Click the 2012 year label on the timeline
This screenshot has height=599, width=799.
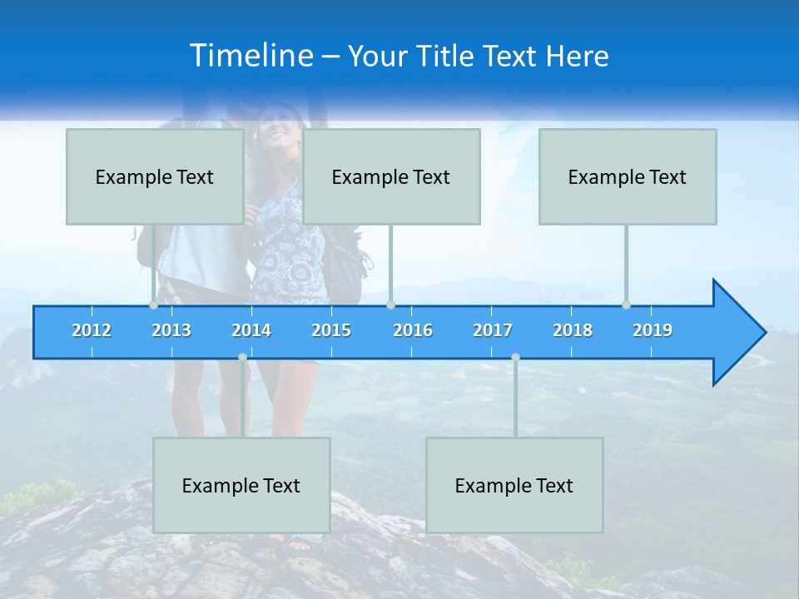(x=92, y=330)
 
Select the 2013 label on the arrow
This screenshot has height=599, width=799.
(x=171, y=330)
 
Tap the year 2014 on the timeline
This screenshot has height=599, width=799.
(x=251, y=330)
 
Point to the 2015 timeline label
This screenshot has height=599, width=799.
(x=331, y=330)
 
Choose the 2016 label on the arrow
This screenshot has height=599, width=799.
(x=413, y=330)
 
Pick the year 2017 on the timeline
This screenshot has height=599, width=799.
(x=493, y=330)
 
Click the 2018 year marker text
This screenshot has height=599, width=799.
(x=573, y=330)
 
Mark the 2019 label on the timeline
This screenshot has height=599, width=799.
(x=653, y=330)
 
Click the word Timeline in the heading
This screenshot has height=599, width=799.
(x=251, y=56)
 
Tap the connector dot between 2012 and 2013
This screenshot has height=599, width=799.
(x=153, y=305)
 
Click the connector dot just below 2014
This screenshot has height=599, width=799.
(x=242, y=357)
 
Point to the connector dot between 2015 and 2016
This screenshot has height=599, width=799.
(x=390, y=305)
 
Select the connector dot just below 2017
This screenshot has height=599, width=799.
(x=515, y=357)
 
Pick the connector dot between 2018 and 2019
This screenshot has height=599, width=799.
(x=626, y=305)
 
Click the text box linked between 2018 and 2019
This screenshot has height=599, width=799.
(x=628, y=176)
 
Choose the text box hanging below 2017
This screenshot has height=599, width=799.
(x=514, y=485)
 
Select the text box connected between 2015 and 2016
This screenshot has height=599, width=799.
(x=391, y=176)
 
